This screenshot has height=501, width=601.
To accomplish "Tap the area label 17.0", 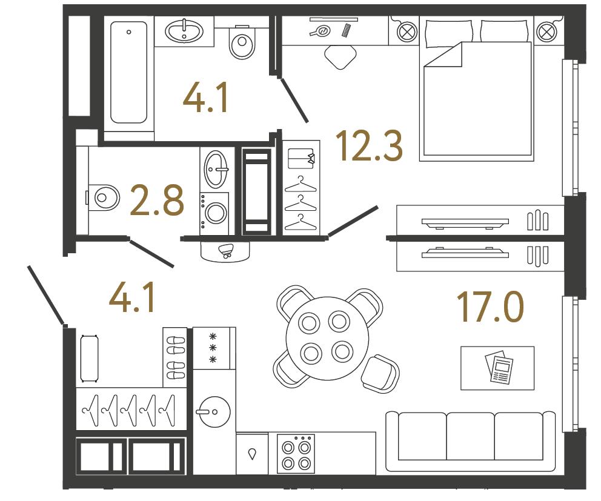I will click(490, 307).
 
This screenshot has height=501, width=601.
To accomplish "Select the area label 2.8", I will click(157, 201).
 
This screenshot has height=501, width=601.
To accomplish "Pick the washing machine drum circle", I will click(215, 213).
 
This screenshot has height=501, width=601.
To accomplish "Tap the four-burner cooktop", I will click(296, 454).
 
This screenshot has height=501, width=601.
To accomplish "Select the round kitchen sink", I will click(213, 411).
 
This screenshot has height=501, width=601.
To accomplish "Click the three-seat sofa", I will click(471, 440).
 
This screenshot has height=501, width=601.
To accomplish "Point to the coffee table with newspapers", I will click(497, 368).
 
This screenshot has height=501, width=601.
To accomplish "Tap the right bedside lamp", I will click(546, 30).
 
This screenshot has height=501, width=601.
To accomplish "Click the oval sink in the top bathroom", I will click(184, 31).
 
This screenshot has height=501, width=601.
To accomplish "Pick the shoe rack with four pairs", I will click(176, 357).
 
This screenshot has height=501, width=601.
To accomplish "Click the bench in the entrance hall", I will click(89, 357).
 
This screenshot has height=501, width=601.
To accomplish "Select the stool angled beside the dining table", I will click(380, 373).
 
